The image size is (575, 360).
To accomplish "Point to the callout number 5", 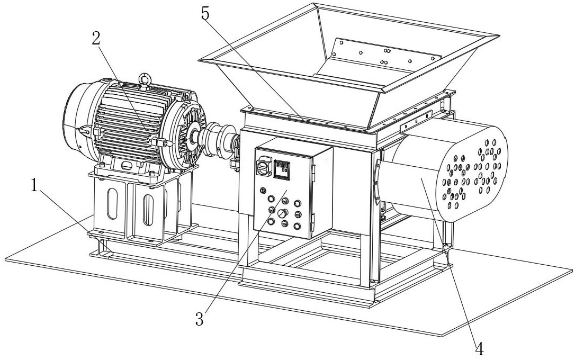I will pyautogui.click(x=205, y=14).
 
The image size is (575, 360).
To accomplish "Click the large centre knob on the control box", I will pyautogui.click(x=283, y=213).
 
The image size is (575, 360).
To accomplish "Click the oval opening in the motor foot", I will pyautogui.click(x=127, y=166).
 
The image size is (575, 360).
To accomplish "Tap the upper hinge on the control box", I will pyautogui.click(x=313, y=169).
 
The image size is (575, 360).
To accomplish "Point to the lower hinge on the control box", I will pyautogui.click(x=313, y=218).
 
